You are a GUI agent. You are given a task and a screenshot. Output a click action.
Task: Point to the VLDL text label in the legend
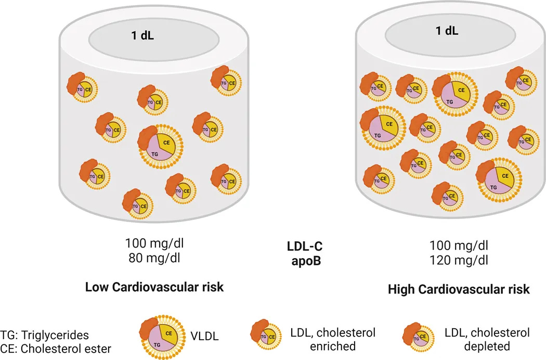[204, 337]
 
